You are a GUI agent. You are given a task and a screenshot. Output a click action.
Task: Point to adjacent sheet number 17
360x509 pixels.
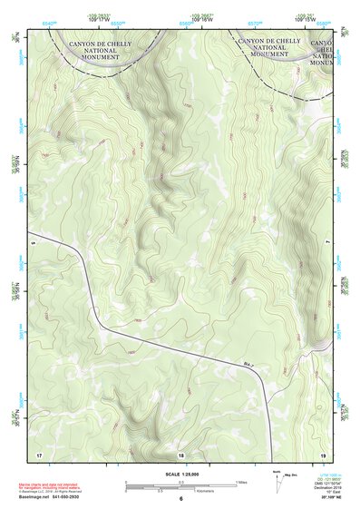click(x=38, y=454)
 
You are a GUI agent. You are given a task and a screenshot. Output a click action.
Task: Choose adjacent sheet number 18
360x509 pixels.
click(x=180, y=455)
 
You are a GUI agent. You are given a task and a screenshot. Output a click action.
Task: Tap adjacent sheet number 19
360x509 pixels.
click(x=323, y=454)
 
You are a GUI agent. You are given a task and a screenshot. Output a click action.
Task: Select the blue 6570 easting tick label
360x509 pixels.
click(x=256, y=16)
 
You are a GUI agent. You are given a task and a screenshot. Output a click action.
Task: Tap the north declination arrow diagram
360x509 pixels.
click(x=277, y=479)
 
